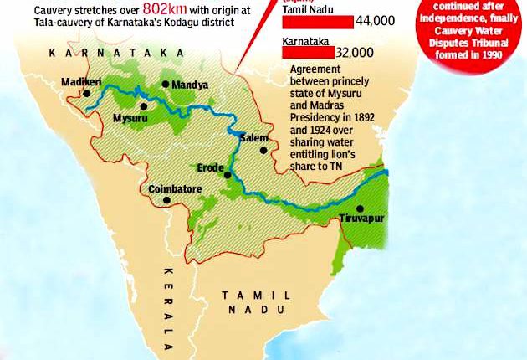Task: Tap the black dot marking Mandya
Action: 166,85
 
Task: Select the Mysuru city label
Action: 130,120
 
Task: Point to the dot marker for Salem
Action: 263,151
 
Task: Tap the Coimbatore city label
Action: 176,190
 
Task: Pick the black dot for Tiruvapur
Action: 360,208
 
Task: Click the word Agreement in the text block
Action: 314,72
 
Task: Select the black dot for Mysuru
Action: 144,106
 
